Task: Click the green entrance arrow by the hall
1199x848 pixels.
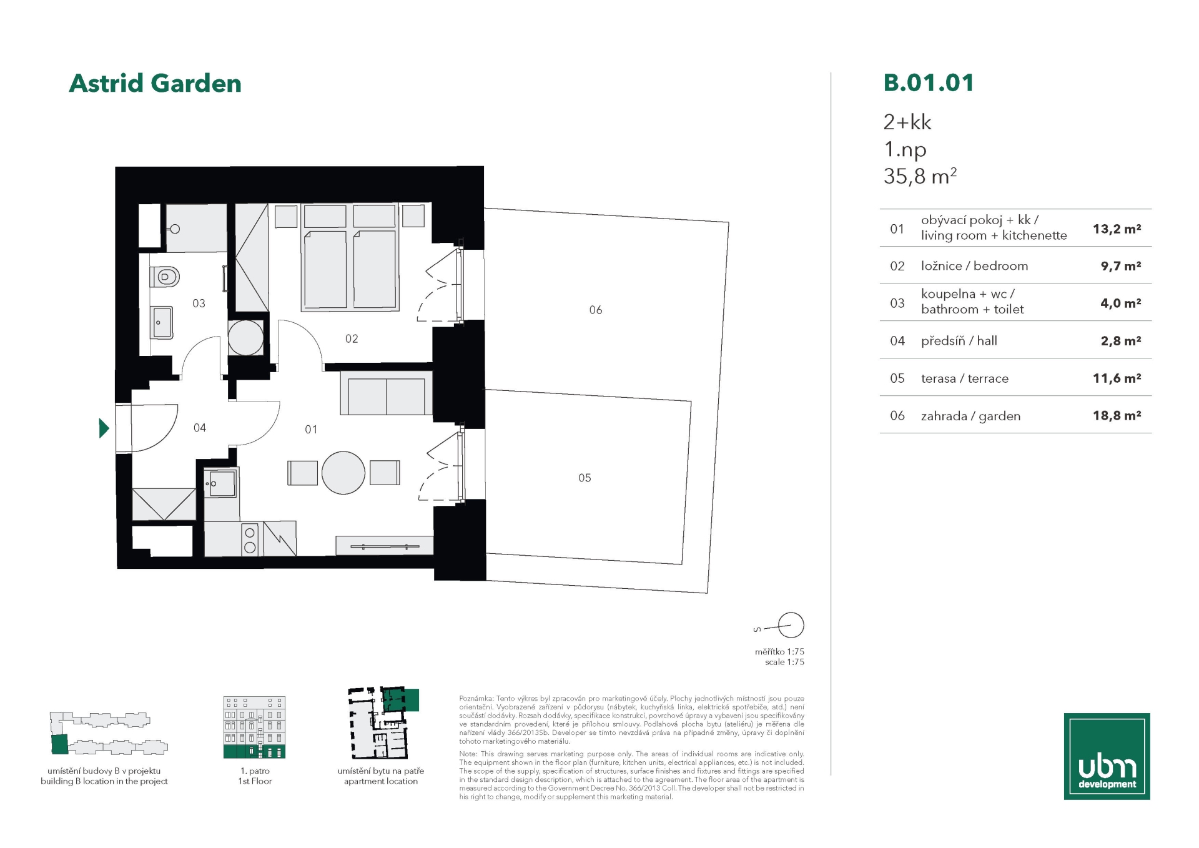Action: coord(104,428)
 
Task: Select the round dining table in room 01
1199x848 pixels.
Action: coord(343,473)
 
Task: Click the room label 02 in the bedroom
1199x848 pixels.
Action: coord(352,338)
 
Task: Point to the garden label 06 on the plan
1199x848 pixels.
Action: coord(596,310)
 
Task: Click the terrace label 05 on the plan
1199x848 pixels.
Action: coord(585,478)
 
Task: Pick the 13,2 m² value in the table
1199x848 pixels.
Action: coord(1117,229)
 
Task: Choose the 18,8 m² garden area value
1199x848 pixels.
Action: coord(1117,415)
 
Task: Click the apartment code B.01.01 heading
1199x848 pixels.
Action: coord(929,83)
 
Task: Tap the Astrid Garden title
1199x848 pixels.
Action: coord(155,83)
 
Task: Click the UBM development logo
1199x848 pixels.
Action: coord(1107,756)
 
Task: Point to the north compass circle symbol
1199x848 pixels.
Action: coord(791,624)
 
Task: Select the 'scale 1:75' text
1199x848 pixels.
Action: coord(784,662)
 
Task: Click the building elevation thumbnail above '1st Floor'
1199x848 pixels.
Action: coord(255,727)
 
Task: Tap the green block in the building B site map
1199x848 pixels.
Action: coord(59,744)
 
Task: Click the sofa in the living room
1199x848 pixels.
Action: coord(387,393)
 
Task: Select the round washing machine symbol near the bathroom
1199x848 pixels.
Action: coord(246,338)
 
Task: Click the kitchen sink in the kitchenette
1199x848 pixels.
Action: coord(221,483)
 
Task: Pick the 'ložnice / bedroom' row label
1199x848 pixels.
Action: coord(974,266)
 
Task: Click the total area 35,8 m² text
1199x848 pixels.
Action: coord(920,177)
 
